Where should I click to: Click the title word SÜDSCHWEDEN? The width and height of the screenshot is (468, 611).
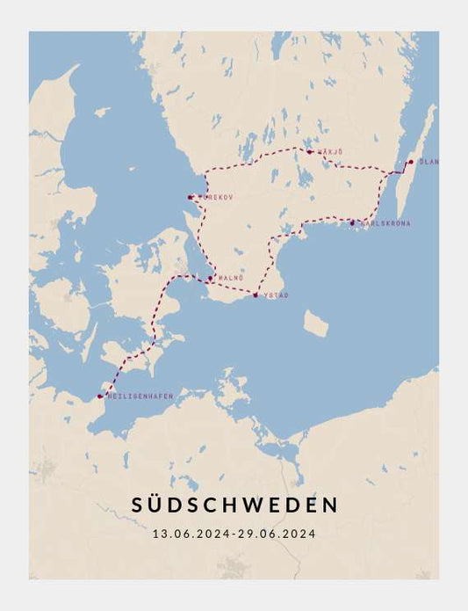pos(234,505)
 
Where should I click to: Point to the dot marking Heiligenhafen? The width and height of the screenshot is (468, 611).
pos(99,397)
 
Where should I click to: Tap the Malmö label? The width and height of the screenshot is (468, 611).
pos(229,278)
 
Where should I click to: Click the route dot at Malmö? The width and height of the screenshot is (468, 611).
pos(210,279)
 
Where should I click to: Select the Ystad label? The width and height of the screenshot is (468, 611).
pos(276,295)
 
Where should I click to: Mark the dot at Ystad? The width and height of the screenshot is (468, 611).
pos(255,295)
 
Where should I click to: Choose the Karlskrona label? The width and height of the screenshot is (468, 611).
pos(385,223)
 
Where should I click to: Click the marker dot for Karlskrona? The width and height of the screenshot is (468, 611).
pos(352,222)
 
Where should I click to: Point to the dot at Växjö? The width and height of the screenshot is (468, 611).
pos(308,151)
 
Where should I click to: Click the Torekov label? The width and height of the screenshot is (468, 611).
pos(216,197)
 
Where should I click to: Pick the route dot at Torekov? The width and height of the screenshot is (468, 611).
pos(191,197)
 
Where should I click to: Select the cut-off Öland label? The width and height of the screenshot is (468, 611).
pos(429,162)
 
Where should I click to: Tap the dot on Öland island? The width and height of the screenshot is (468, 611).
pos(410,162)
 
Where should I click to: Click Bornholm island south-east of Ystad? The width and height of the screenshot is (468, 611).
pos(315,324)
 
